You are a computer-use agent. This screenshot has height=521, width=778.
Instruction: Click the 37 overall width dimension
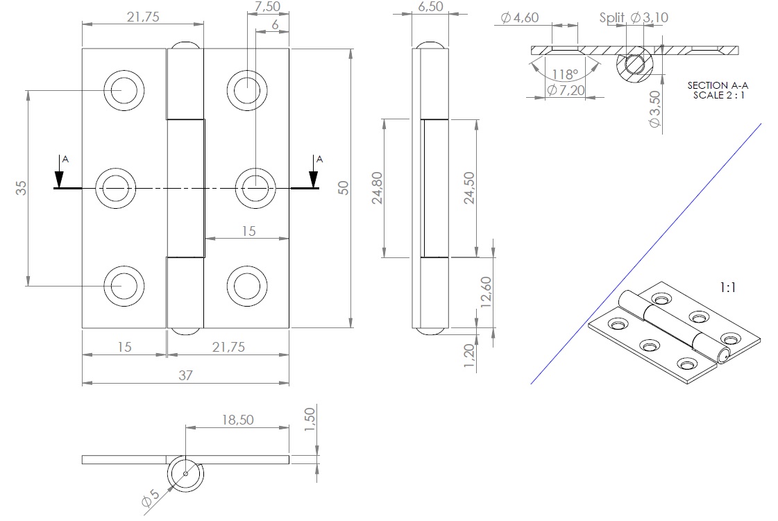coord(185,375)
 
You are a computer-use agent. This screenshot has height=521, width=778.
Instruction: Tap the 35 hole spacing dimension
coord(21,187)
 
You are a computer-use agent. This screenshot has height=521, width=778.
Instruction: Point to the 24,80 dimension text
coord(377,188)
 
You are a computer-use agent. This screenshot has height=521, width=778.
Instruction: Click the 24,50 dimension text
coord(469,188)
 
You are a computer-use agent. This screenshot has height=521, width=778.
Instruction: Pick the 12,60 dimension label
coord(486,292)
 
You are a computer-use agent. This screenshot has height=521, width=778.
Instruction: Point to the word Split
coord(613,18)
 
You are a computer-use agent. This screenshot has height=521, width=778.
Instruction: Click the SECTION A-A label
coord(718,85)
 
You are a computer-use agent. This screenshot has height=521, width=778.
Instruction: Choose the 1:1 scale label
coord(727,286)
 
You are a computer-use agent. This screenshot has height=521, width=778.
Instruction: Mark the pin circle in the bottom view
coord(186,475)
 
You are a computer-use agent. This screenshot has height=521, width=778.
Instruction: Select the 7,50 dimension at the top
coord(268,7)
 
